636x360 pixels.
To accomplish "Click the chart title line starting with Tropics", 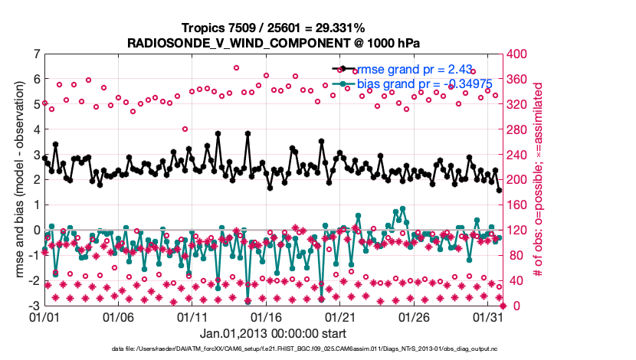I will click(x=273, y=28).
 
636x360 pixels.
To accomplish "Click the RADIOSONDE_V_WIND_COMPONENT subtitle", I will click(x=273, y=42).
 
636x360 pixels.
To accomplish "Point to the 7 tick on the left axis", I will click(x=37, y=54).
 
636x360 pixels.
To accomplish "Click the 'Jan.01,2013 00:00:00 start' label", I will click(x=274, y=333).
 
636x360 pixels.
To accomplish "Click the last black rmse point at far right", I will click(x=499, y=190).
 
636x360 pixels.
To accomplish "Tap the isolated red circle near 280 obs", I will click(x=185, y=129).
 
